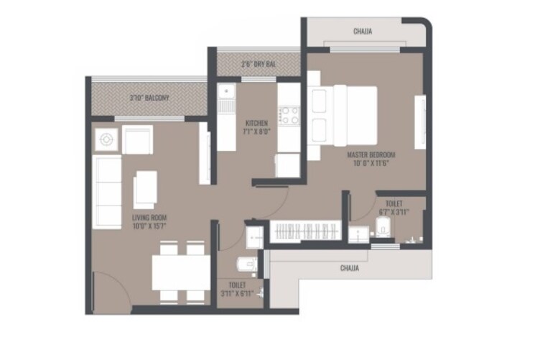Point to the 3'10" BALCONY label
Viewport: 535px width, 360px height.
pyautogui.click(x=149, y=98)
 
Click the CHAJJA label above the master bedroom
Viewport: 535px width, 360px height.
pyautogui.click(x=363, y=32)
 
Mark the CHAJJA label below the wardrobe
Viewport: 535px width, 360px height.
pyautogui.click(x=349, y=268)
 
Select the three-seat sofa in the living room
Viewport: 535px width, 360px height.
pyautogui.click(x=106, y=191)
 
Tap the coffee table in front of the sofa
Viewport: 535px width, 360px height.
pyautogui.click(x=146, y=189)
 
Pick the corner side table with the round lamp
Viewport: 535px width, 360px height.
pyautogui.click(x=106, y=139)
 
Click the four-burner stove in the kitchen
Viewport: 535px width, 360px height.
pyautogui.click(x=289, y=115)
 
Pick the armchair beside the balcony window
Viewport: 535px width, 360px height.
pyautogui.click(x=137, y=139)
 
